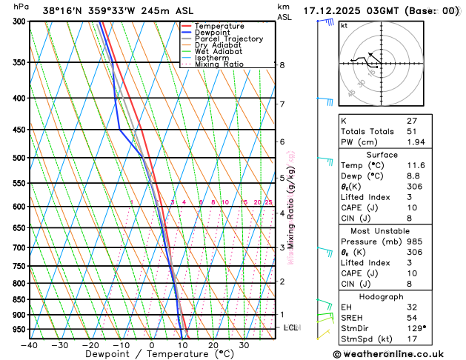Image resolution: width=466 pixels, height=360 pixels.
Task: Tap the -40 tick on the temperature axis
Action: pyautogui.click(x=30, y=345)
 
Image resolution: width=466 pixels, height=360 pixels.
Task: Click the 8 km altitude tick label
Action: pyautogui.click(x=282, y=65)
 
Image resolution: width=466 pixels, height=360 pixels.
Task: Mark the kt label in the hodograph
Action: pyautogui.click(x=344, y=26)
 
